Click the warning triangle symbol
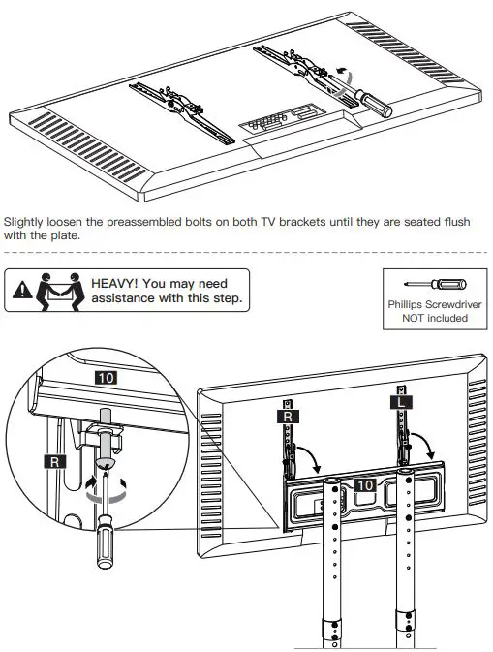[22, 290]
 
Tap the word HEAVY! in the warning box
[114, 284]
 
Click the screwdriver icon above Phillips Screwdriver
[435, 285]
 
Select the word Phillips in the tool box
[405, 305]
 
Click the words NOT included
[435, 318]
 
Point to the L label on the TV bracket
[401, 402]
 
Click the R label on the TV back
[288, 417]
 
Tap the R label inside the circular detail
[55, 462]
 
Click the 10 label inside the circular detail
[106, 378]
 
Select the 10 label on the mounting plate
[365, 485]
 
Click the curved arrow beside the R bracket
[311, 455]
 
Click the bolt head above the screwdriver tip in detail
[105, 462]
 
